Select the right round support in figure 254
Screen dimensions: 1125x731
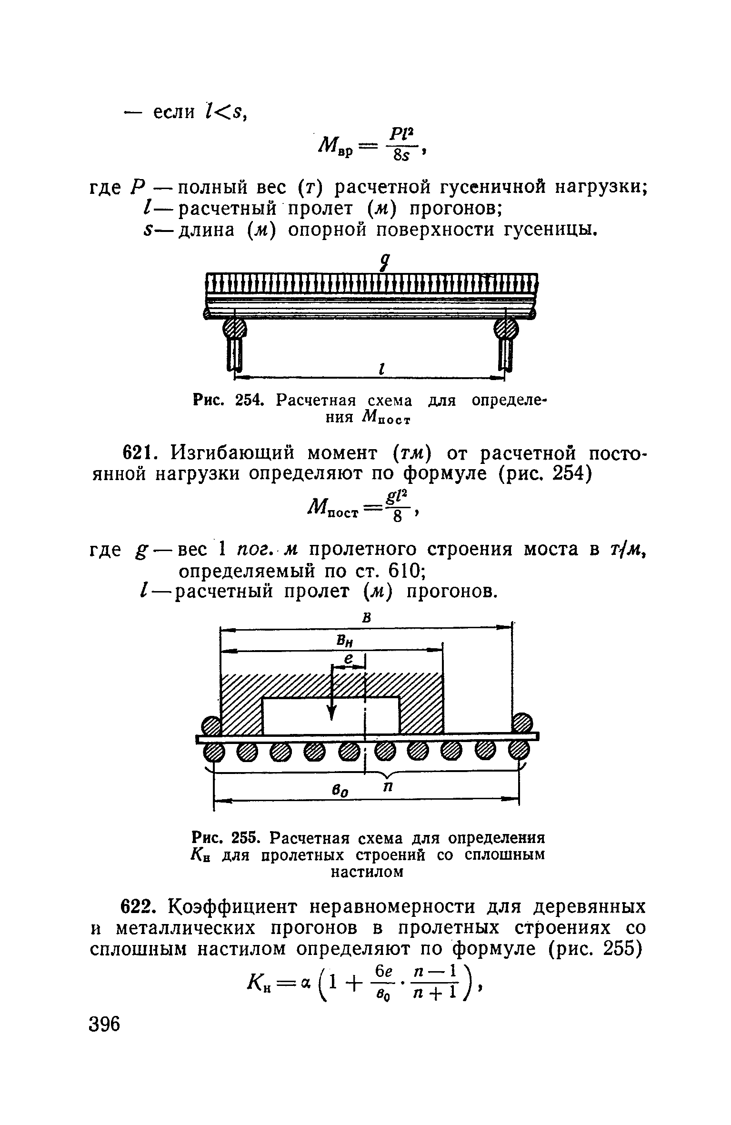[x=506, y=328]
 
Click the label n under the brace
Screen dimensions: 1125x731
[x=388, y=788]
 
